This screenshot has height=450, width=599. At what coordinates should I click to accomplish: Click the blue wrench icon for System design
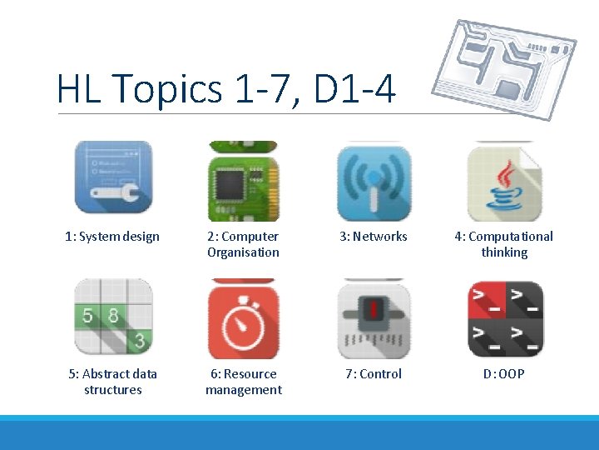tap(113, 177)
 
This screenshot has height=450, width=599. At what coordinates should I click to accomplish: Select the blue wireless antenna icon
tap(374, 181)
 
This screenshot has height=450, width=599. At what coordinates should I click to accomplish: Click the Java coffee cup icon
tap(504, 181)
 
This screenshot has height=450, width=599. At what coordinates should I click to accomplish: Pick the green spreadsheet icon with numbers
tap(113, 318)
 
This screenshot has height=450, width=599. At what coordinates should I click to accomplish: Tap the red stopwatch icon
tap(243, 318)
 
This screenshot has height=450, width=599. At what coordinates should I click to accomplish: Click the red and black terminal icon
tap(504, 318)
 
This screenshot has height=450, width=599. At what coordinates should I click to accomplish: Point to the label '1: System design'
tap(112, 237)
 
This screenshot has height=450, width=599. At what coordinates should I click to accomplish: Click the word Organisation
tap(243, 252)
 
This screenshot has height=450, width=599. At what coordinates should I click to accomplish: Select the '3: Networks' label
tap(374, 237)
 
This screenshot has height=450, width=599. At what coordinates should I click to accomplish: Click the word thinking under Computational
tap(504, 252)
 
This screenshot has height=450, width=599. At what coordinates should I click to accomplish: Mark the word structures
tap(113, 390)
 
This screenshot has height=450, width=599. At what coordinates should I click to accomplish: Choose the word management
tap(244, 390)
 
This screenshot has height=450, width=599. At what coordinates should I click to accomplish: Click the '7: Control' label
tap(374, 374)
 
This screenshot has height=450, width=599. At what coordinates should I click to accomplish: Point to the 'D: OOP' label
tap(504, 374)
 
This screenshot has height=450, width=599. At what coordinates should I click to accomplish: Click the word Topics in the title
tap(167, 89)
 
